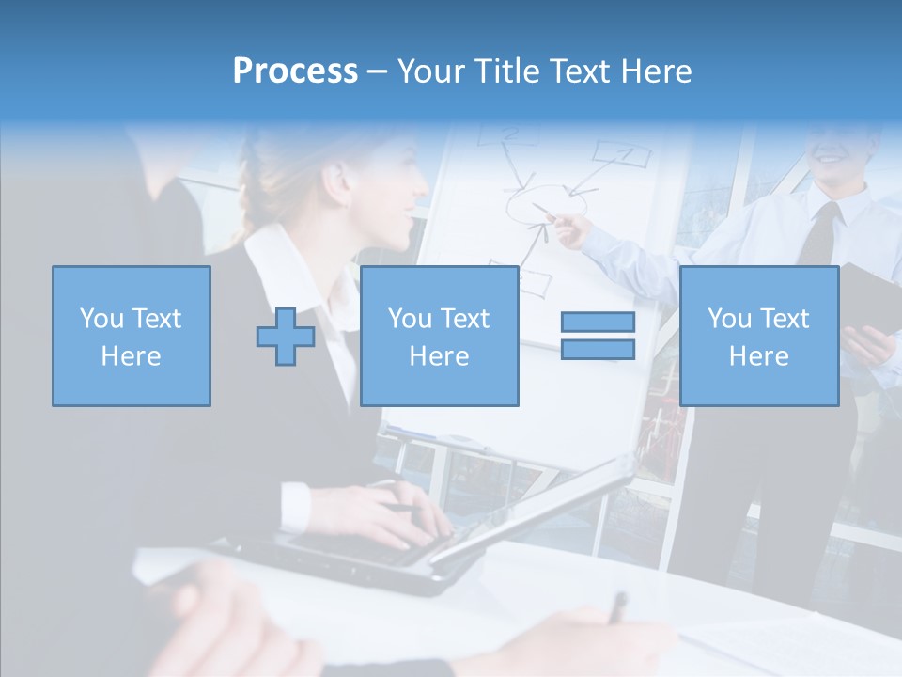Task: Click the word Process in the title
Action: [x=295, y=71]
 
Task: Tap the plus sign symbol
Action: [x=286, y=336]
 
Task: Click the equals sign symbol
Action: [x=598, y=336]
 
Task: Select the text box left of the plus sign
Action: [x=132, y=336]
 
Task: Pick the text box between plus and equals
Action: [x=439, y=336]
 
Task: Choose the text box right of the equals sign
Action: [x=758, y=336]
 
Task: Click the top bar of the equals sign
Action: [x=598, y=323]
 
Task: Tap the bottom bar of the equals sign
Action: [x=598, y=349]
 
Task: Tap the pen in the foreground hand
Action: [x=616, y=607]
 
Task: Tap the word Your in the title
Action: [x=432, y=71]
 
